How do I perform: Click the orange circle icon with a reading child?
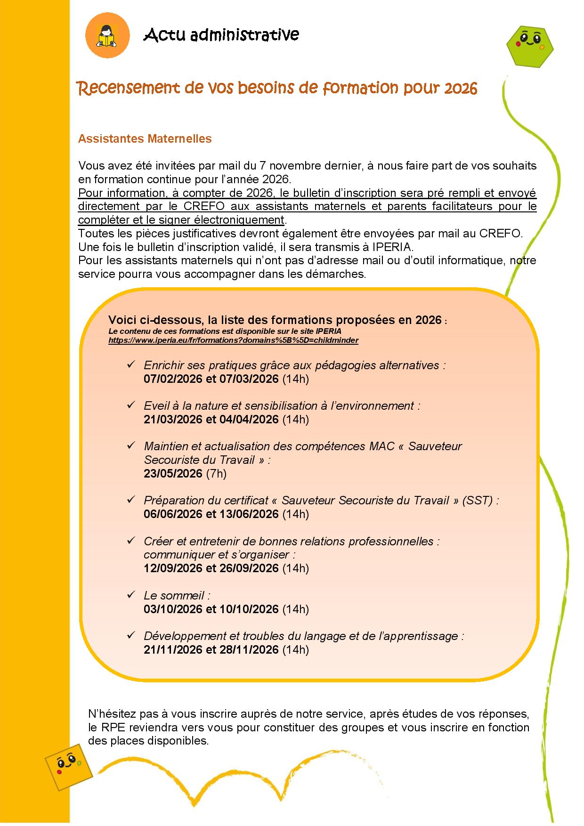(x=107, y=35)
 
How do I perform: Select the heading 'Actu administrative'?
(x=221, y=35)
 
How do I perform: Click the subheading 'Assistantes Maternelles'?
(x=145, y=139)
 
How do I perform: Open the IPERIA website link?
(x=233, y=340)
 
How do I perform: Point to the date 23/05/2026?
(x=173, y=473)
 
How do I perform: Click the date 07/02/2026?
(x=173, y=379)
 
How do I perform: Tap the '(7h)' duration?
(x=216, y=473)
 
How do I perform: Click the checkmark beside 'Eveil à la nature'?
(x=131, y=405)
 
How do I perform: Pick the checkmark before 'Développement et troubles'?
(x=131, y=636)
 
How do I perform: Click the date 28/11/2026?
(x=249, y=649)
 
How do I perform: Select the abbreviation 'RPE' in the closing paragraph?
(x=111, y=727)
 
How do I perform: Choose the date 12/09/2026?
(x=173, y=568)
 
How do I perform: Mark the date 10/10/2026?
(x=249, y=609)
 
